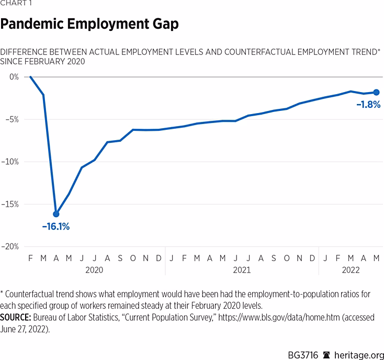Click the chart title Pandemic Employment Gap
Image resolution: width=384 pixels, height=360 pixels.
coord(89,24)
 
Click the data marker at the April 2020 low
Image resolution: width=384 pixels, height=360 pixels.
coord(56,213)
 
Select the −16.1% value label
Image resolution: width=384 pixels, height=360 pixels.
coord(55,227)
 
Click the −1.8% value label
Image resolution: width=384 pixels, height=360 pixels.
coord(368,105)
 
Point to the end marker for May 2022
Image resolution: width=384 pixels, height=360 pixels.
coord(376,92)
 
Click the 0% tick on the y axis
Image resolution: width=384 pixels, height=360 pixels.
coord(14,76)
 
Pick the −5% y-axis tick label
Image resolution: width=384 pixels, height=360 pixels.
coord(12,119)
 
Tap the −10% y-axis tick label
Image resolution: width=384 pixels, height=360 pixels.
coord(10,162)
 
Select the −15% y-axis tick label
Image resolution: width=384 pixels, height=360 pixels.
coord(10,204)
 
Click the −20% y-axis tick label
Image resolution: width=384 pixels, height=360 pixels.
coord(10,246)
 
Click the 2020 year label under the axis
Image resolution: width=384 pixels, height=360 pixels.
coord(94,271)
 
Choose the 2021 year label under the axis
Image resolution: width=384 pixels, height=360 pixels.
coord(242,271)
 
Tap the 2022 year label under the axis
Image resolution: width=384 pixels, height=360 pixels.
coord(351,271)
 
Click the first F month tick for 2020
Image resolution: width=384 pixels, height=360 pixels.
coord(30,258)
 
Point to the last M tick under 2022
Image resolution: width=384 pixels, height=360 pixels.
coord(376,258)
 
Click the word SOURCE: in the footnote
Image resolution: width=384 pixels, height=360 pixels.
coord(17,318)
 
